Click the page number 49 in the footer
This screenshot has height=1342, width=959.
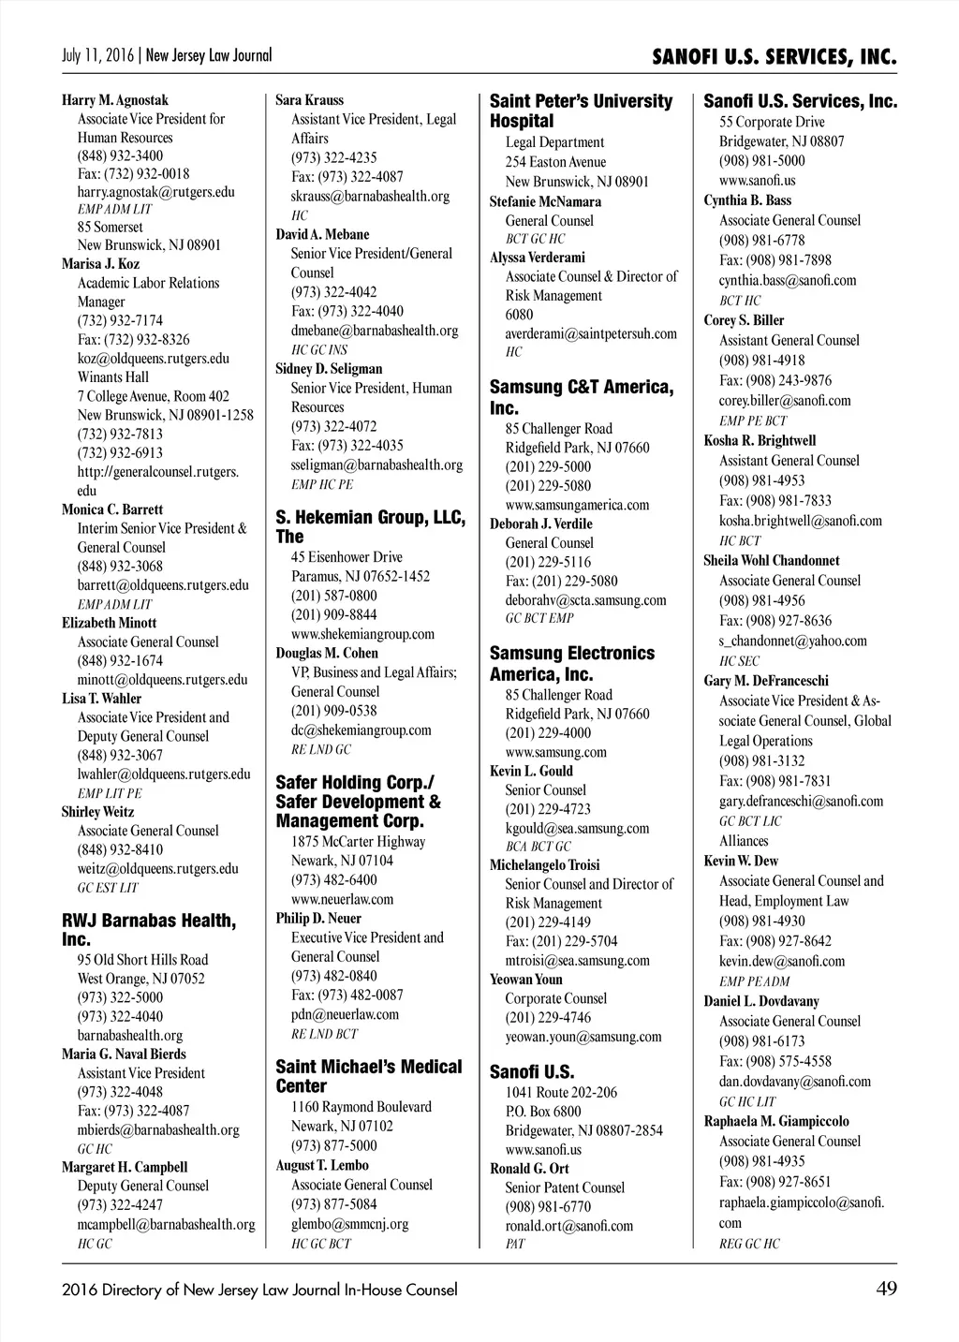pyautogui.click(x=886, y=1289)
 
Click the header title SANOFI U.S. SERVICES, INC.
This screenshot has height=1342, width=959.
pyautogui.click(x=775, y=58)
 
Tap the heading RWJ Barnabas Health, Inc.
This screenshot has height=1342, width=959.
pyautogui.click(x=149, y=930)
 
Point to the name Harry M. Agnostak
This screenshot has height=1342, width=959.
pyautogui.click(x=115, y=100)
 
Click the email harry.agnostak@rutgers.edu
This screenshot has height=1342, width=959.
pyautogui.click(x=155, y=192)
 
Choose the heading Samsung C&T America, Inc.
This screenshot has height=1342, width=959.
pyautogui.click(x=581, y=397)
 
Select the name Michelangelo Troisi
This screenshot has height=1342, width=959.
pyautogui.click(x=544, y=865)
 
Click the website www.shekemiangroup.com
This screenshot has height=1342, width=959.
pyautogui.click(x=362, y=634)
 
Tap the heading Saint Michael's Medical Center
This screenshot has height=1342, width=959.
pyautogui.click(x=368, y=1077)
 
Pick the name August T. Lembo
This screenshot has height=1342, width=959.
pyautogui.click(x=322, y=1166)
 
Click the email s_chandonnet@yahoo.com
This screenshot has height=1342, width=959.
pyautogui.click(x=792, y=642)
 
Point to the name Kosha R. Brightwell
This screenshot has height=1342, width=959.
pyautogui.click(x=760, y=440)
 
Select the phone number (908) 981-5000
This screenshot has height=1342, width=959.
pyautogui.click(x=761, y=161)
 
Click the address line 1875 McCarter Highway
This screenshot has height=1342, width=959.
pyautogui.click(x=358, y=841)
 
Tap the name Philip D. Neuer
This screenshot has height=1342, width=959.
pyautogui.click(x=318, y=919)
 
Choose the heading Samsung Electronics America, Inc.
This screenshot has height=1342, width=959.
pyautogui.click(x=571, y=663)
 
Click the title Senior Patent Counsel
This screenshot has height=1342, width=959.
pyautogui.click(x=565, y=1187)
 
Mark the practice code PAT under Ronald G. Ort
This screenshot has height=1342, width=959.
pyautogui.click(x=515, y=1244)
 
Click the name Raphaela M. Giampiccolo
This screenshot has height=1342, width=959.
pyautogui.click(x=776, y=1121)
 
